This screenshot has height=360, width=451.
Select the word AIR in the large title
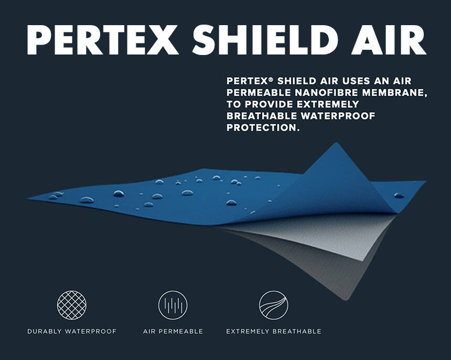[388, 40]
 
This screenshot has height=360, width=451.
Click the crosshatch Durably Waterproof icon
[72, 305]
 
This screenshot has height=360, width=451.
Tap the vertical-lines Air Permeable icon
[173, 305]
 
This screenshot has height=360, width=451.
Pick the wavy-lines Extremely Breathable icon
[274, 305]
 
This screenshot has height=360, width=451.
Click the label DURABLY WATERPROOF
[72, 331]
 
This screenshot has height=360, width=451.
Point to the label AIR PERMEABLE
[173, 331]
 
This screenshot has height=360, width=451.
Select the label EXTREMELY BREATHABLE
[274, 331]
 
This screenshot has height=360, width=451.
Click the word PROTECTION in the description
[262, 127]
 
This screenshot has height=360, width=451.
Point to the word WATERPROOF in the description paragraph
[338, 116]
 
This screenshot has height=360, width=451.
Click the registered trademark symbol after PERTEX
[270, 79]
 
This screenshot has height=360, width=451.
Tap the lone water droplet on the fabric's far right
[399, 195]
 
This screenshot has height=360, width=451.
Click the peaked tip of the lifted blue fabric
[336, 143]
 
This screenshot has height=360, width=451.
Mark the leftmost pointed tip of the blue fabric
[27, 198]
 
